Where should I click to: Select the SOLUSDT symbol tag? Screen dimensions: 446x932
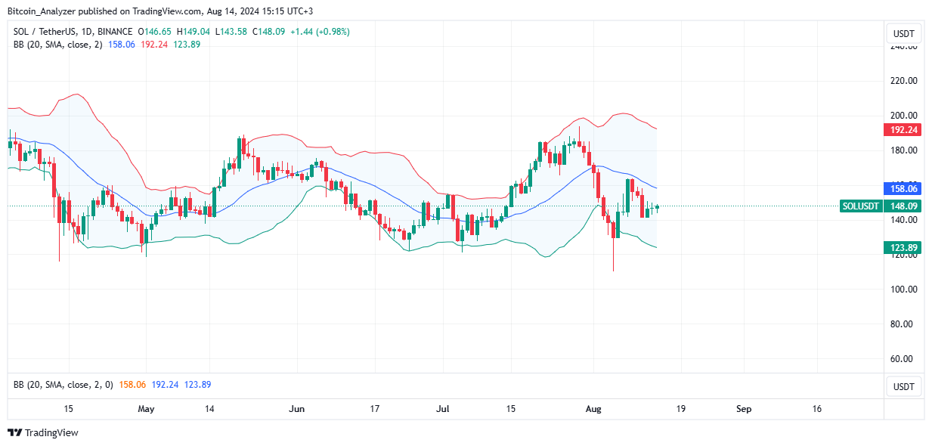pos(861,206)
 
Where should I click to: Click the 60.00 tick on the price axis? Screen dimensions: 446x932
pos(904,359)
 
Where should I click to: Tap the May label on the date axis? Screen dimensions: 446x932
pos(146,409)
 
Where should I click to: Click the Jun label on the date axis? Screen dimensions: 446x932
pos(297,409)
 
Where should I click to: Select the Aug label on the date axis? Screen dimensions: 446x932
pos(593,409)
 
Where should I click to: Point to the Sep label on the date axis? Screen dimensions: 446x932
pos(744,409)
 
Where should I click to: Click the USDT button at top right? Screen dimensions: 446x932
pos(903,34)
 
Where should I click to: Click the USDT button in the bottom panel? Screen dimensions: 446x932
pos(903,387)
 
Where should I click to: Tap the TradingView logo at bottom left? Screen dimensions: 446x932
pos(43,433)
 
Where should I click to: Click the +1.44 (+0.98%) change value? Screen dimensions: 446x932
pos(320,32)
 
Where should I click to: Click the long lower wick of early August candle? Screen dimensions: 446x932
pos(613,257)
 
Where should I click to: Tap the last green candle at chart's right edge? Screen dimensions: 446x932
pos(658,206)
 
